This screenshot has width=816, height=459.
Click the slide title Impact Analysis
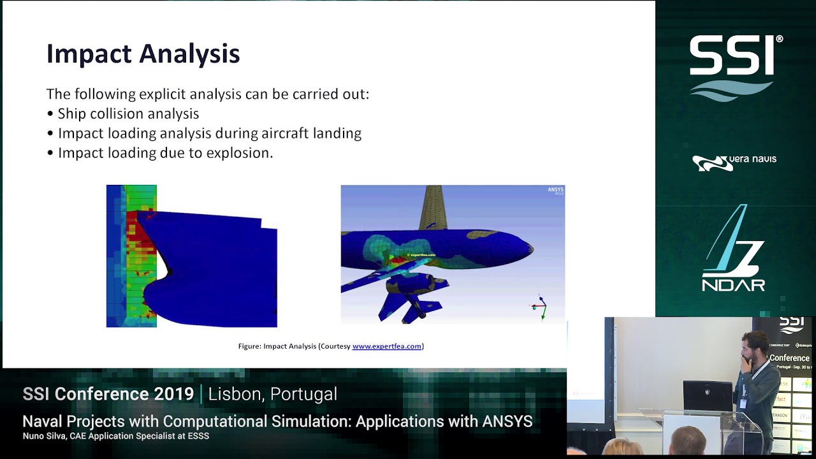click(143, 54)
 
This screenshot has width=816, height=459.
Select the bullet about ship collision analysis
click(128, 114)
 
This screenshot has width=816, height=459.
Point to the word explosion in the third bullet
click(245, 153)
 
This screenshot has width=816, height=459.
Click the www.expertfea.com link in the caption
click(386, 346)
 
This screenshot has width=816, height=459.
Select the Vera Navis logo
click(734, 163)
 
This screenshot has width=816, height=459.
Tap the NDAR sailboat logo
click(733, 249)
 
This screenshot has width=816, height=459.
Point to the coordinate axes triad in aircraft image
click(539, 307)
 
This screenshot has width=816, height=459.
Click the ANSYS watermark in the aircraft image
click(555, 190)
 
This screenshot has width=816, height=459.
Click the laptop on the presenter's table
click(707, 396)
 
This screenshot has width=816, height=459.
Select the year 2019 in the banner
click(173, 394)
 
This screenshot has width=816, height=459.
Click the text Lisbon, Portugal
click(272, 394)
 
